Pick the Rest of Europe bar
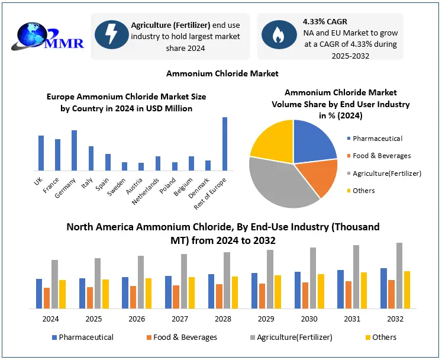(225, 144)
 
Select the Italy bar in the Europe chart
(91, 158)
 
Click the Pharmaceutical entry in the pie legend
(377, 139)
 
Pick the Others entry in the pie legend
(363, 191)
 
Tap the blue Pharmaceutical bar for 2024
(39, 293)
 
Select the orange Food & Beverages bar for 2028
(220, 296)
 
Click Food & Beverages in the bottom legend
(185, 337)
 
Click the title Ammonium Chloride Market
(222, 73)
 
